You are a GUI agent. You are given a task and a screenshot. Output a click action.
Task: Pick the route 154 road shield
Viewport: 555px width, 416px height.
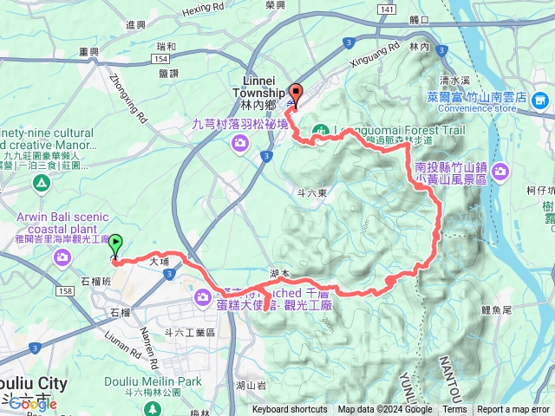(x=159, y=57)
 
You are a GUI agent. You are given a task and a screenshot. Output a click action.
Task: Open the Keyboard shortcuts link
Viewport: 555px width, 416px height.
(x=290, y=410)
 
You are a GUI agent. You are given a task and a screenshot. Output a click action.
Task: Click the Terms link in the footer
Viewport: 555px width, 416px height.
(x=454, y=410)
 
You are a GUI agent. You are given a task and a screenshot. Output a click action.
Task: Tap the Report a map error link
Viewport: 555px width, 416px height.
(x=514, y=410)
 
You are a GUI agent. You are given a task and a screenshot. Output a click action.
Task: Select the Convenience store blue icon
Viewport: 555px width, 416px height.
(x=540, y=103)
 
